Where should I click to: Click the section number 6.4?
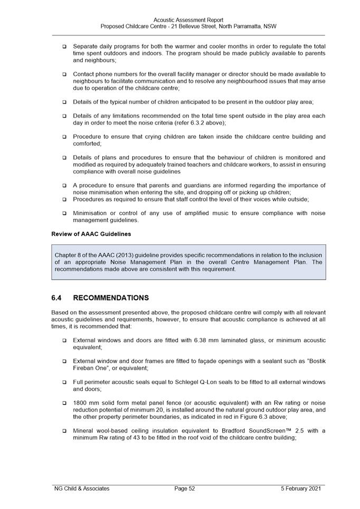57,298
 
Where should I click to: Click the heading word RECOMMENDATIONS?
111,298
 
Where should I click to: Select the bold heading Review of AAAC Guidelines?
91,234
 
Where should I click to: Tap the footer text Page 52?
185,488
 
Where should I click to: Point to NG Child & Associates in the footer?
82,488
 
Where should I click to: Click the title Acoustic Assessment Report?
188,20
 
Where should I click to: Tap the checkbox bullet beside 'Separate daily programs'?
64,46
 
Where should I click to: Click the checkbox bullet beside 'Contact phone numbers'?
64,74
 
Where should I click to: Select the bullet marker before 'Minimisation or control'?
64,214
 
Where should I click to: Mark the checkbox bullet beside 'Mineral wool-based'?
64,431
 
